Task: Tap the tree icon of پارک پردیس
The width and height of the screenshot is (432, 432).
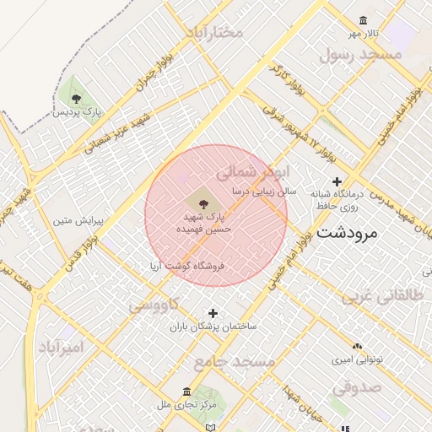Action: (x=77, y=100)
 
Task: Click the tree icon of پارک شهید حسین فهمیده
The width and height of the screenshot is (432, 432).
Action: (x=203, y=202)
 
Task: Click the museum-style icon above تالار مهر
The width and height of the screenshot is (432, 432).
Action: (x=363, y=21)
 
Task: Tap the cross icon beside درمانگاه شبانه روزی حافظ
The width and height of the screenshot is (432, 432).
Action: (x=337, y=181)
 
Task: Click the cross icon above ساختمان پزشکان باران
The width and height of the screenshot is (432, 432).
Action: (x=213, y=313)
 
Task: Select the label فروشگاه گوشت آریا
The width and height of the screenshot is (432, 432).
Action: (x=186, y=266)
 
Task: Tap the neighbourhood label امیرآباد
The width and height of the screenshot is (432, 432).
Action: (x=62, y=347)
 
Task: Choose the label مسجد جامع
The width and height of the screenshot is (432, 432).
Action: (x=235, y=362)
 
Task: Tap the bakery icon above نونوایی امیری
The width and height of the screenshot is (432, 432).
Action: (x=357, y=347)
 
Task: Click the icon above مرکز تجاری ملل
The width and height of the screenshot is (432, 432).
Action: (x=186, y=392)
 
